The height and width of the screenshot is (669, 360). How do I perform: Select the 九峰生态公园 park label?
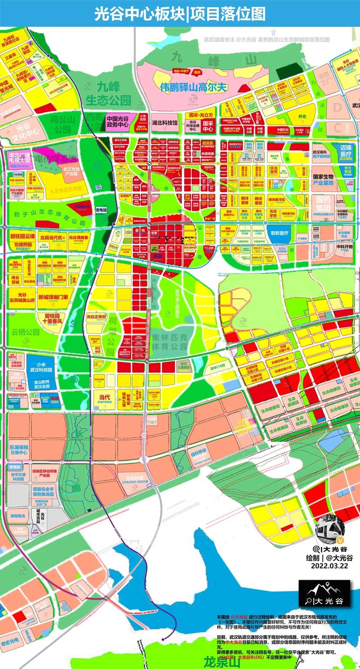[108, 94]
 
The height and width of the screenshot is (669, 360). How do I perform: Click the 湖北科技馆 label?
[165, 122]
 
